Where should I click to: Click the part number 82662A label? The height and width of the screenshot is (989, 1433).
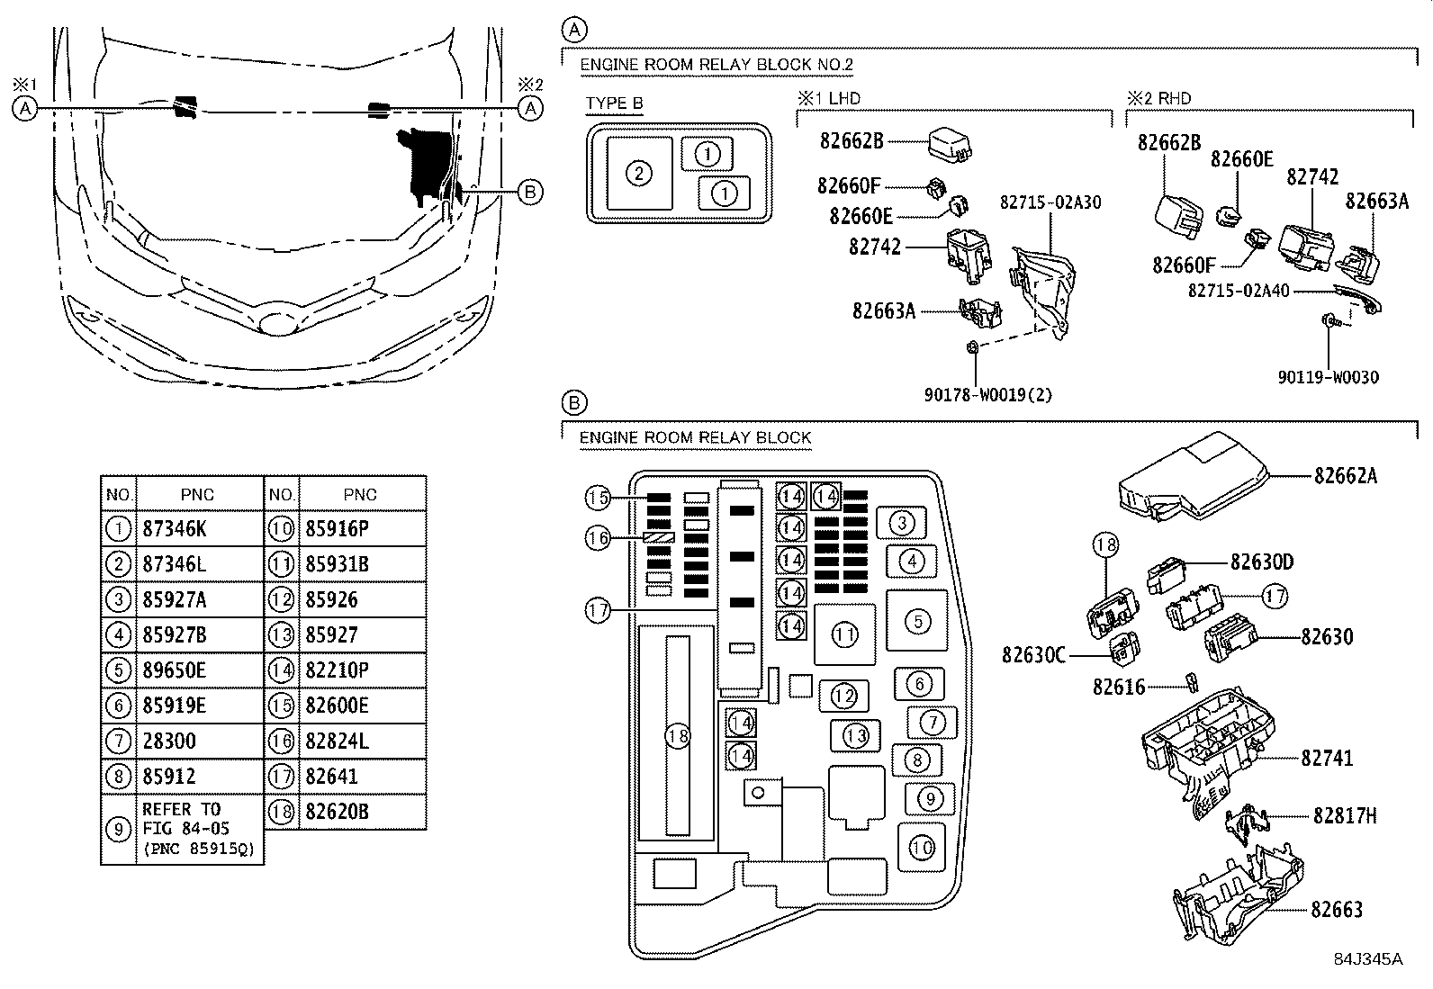(1345, 475)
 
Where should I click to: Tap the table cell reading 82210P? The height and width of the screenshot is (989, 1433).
(337, 670)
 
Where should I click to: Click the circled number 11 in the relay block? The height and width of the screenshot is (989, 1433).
(844, 635)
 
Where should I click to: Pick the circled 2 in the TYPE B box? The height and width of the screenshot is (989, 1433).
(638, 173)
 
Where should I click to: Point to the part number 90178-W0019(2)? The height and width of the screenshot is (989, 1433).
(988, 394)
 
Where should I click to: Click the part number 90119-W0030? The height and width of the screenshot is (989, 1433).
(1328, 378)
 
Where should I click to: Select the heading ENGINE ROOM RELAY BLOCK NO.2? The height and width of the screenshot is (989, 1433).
(716, 65)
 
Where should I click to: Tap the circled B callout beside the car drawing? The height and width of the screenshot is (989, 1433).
(530, 191)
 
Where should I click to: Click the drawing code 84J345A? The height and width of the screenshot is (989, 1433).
(1368, 959)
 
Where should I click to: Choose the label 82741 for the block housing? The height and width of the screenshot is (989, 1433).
(1326, 759)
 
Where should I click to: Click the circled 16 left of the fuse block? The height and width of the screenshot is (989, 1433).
(598, 538)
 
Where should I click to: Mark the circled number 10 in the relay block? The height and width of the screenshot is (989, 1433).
(921, 848)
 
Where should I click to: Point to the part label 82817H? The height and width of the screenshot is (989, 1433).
(1344, 816)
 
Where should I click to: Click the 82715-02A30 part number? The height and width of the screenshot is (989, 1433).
(1050, 202)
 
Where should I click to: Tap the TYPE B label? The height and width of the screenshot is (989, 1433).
(614, 103)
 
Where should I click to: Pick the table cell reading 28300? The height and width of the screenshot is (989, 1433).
(168, 742)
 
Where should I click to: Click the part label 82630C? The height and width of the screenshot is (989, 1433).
(1033, 654)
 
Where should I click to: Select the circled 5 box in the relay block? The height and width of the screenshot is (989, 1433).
(916, 621)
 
